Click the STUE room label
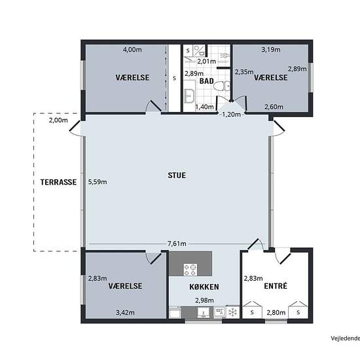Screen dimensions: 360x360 (177, 175)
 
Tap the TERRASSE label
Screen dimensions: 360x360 (58, 183)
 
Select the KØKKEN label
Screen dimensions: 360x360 (204, 287)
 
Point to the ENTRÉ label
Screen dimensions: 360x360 (276, 286)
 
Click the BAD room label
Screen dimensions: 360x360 (207, 81)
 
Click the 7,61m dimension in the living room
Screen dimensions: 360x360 (177, 243)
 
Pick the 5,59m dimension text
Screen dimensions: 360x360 (98, 182)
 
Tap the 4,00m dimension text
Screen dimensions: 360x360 (132, 50)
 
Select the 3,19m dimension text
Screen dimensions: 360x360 (271, 50)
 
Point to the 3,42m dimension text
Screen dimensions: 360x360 (125, 312)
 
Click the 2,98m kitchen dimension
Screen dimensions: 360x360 (204, 300)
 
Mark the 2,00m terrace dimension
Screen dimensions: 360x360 (58, 120)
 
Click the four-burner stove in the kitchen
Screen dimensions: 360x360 (190, 270)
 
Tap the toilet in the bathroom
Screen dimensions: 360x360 (222, 86)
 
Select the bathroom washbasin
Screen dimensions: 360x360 (189, 96)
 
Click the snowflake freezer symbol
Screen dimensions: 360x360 (232, 312)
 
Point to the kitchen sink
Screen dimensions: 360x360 (204, 313)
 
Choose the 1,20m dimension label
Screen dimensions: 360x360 (232, 114)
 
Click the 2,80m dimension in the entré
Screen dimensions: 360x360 (276, 312)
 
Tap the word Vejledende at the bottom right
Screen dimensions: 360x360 (346, 338)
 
